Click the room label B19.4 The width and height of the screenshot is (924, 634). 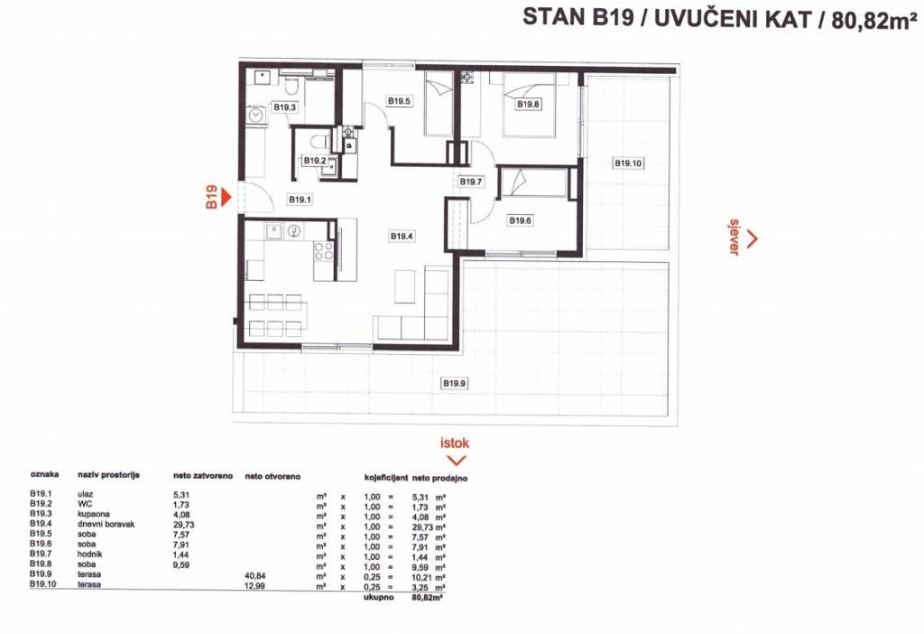tap(402, 236)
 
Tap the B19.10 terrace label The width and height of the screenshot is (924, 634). tap(628, 163)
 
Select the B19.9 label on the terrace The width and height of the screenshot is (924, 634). tap(455, 383)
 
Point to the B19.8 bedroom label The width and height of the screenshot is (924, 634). tap(528, 105)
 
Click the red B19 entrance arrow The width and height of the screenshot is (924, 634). tap(225, 196)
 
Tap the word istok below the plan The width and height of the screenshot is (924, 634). tap(455, 443)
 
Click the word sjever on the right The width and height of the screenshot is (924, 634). tap(735, 238)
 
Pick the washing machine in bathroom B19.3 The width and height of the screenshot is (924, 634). tap(255, 115)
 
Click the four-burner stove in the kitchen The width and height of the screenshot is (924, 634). tap(324, 251)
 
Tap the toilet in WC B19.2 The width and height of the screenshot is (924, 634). tap(319, 141)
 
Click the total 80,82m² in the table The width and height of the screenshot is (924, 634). tap(428, 598)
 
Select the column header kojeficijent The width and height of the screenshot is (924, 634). tap(386, 477)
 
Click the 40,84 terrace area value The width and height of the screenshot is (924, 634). tap(254, 575)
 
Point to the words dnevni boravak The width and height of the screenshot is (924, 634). tap(106, 524)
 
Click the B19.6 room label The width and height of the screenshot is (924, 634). tap(520, 220)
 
